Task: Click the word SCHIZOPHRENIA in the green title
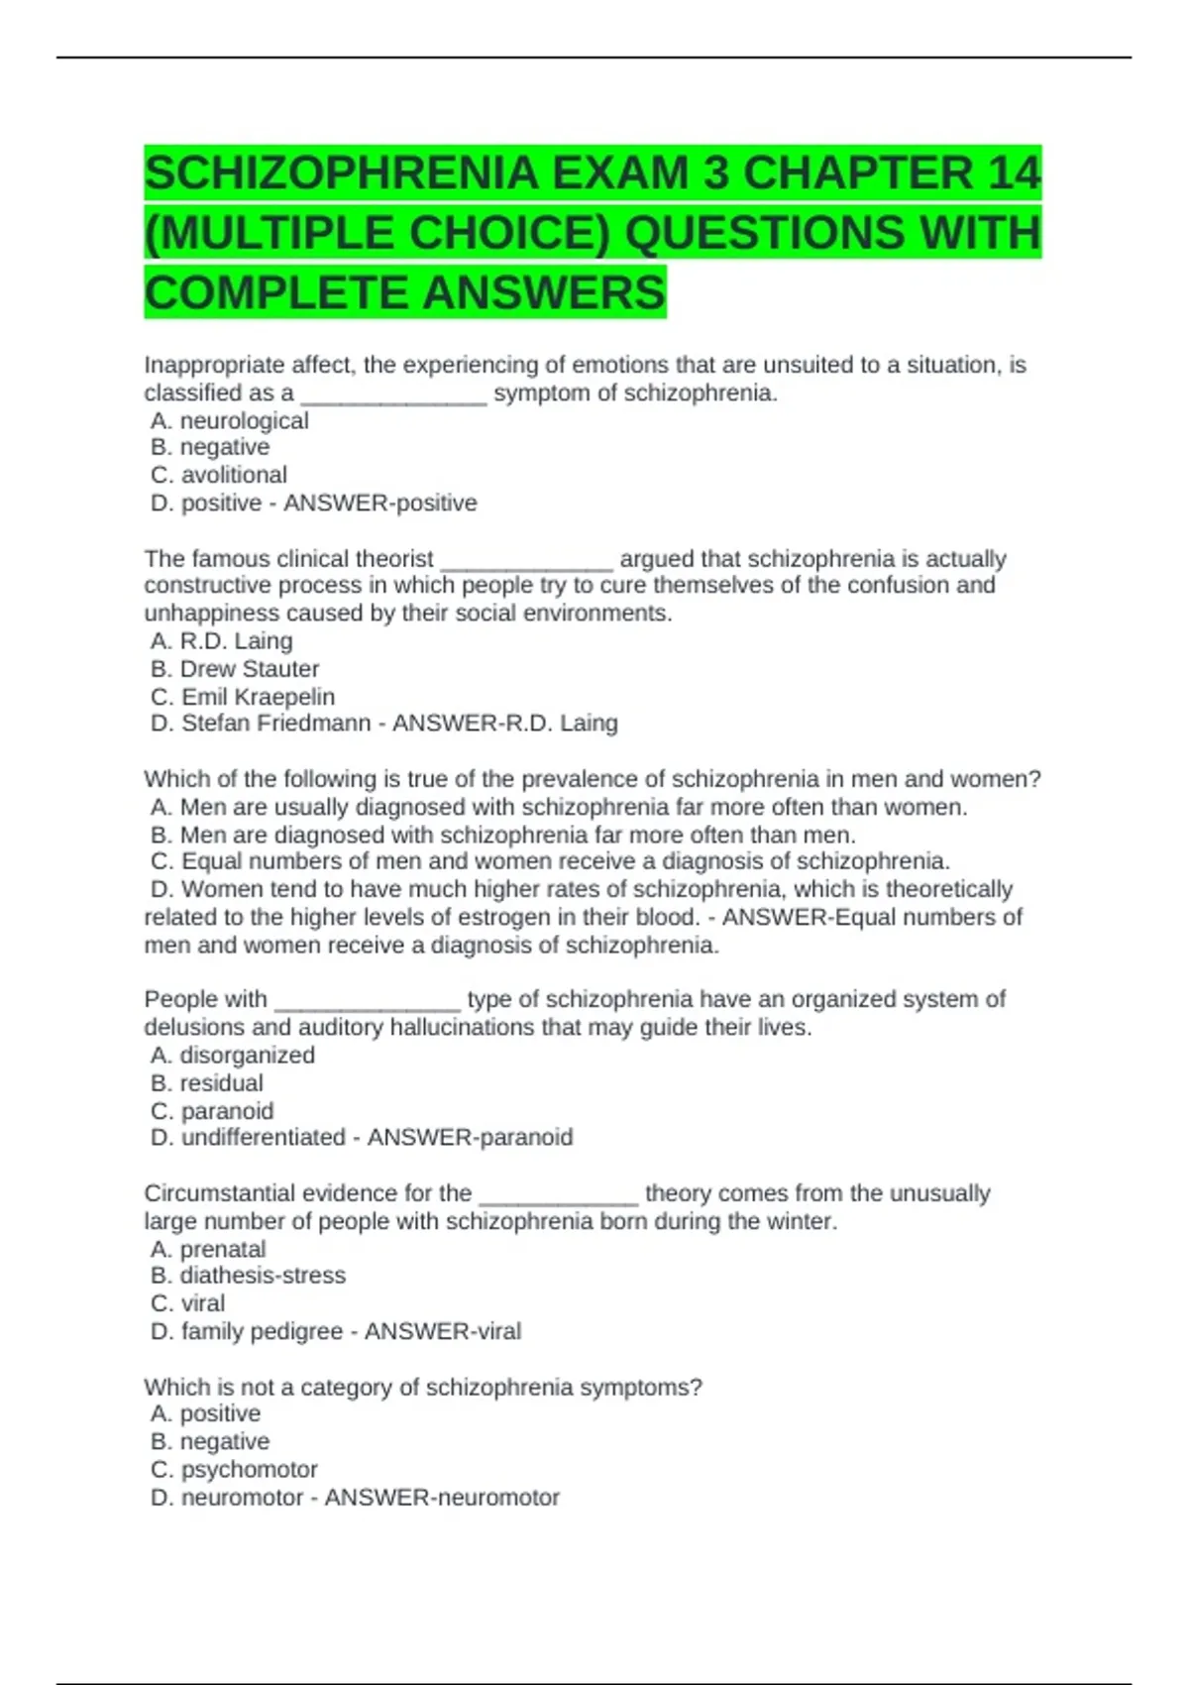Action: tap(342, 173)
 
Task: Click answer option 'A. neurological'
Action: tap(230, 420)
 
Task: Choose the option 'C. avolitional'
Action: tap(219, 475)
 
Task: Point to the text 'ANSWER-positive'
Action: tap(380, 503)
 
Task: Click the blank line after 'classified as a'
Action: tap(393, 394)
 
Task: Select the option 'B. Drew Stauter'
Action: tap(235, 669)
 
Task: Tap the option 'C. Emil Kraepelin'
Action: tap(243, 697)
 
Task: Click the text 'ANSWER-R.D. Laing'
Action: tap(505, 724)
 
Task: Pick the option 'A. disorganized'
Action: tap(233, 1056)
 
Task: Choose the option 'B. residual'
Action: tap(207, 1083)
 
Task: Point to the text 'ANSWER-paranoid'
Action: tap(471, 1138)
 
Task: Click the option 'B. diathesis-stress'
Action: tap(248, 1276)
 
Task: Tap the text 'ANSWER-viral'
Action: tap(443, 1331)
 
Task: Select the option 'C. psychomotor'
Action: tap(235, 1469)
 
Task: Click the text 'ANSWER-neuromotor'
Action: tap(442, 1497)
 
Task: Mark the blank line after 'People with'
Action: tap(367, 1001)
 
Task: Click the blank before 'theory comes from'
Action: tap(558, 1195)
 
